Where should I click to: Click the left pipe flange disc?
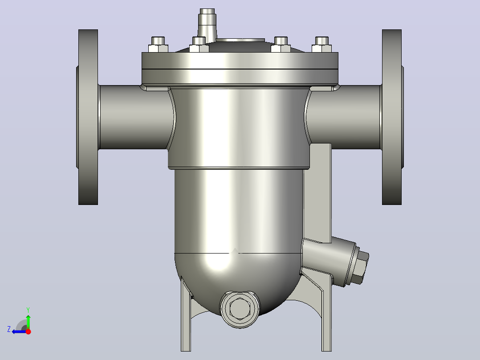pos(88,117)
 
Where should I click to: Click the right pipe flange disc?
pos(392,117)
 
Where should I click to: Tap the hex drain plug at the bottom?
pos(240,309)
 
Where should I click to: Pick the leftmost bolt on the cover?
pos(158,45)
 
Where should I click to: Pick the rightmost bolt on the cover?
pos(322,45)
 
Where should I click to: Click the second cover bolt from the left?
pos(199,45)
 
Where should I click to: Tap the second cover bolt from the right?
pos(281,45)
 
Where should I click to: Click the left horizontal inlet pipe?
pos(134,117)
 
